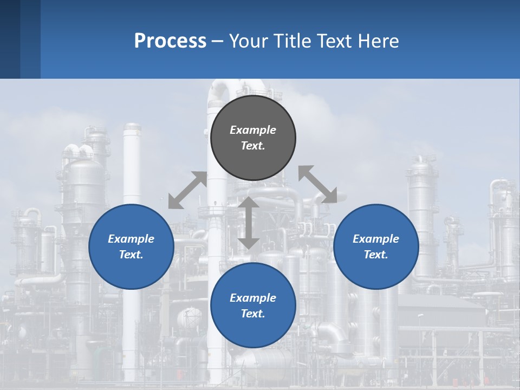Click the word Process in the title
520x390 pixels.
170,41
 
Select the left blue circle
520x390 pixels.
131,271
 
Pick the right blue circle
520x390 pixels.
376,271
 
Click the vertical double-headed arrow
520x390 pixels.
249,223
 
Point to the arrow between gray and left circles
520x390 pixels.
187,190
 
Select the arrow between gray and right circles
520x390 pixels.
318,185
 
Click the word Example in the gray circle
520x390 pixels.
253,130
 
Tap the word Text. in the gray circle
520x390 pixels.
253,146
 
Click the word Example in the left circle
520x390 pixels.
131,239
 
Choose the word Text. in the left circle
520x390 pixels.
131,255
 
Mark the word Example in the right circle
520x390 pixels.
376,239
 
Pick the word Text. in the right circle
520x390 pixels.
376,255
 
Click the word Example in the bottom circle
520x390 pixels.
253,298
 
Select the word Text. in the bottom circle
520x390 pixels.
253,314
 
